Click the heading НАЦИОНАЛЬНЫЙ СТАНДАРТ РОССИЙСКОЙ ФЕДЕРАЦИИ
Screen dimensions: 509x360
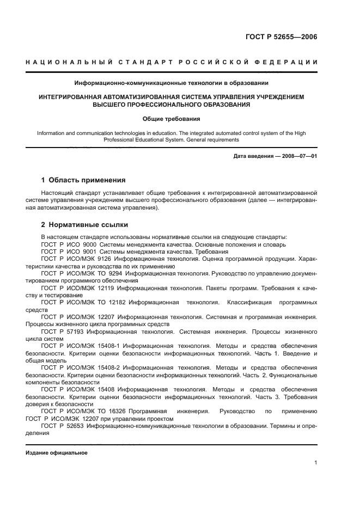tap(171, 63)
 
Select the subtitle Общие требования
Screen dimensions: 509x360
tap(171, 118)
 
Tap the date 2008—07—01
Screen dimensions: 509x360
tap(300, 157)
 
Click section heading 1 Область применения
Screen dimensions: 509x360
tap(84, 180)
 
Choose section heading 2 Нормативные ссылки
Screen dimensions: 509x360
tap(85, 224)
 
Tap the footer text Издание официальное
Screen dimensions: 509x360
tap(56, 453)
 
